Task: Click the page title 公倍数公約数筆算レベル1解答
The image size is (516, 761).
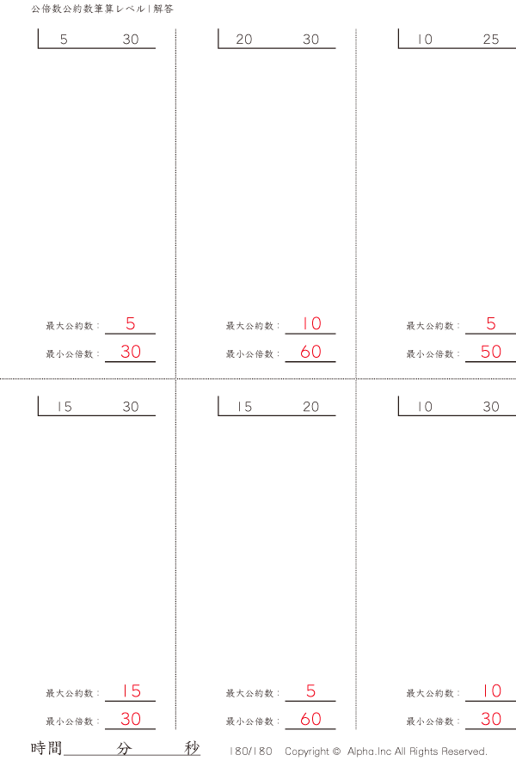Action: pos(101,9)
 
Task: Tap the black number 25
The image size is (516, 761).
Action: pos(490,40)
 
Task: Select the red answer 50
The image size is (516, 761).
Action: pos(490,352)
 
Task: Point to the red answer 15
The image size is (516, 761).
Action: pos(131,691)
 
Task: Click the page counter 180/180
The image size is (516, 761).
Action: pos(251,751)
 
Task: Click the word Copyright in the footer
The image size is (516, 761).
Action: pos(307,751)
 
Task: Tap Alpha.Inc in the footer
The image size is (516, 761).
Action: pos(370,751)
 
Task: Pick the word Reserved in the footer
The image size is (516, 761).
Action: pos(464,751)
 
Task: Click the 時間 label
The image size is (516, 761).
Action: pos(46,748)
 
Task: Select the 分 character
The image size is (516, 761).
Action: pos(124,748)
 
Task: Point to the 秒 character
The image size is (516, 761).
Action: pos(192,748)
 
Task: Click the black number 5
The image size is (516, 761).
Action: pos(64,40)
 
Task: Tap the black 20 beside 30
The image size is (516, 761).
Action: pos(244,40)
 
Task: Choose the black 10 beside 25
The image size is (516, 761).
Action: pos(425,40)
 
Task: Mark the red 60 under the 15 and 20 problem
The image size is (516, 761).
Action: pos(310,720)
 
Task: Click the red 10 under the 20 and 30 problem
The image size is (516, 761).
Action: pos(310,324)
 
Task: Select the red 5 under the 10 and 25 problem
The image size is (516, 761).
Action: pos(491,324)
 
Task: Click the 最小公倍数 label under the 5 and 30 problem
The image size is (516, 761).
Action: pos(72,353)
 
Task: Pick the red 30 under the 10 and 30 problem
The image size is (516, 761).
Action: pos(490,720)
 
